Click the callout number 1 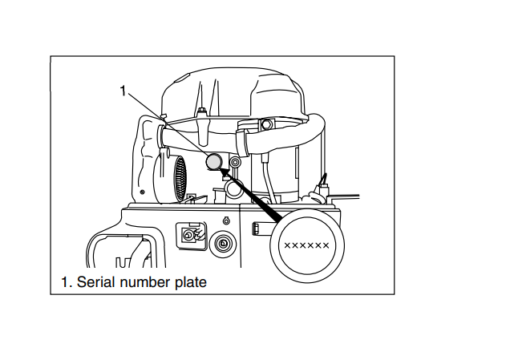pyautogui.click(x=123, y=91)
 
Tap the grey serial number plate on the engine pyautogui.click(x=213, y=162)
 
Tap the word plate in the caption pyautogui.click(x=191, y=282)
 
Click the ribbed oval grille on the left pyautogui.click(x=180, y=178)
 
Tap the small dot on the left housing pyautogui.click(x=142, y=192)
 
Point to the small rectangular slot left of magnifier pyautogui.click(x=257, y=229)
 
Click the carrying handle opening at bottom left pyautogui.click(x=120, y=253)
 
